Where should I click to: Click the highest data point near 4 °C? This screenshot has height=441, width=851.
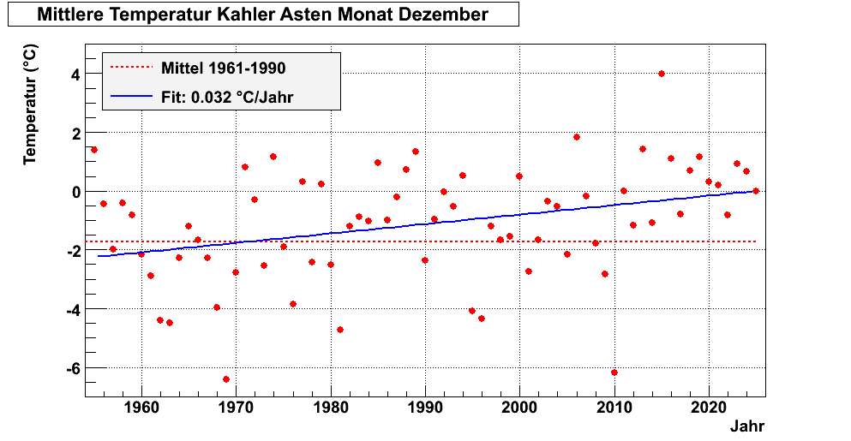tap(662, 74)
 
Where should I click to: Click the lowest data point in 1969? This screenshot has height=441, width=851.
tap(226, 379)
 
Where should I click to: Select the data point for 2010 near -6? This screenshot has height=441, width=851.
tap(614, 372)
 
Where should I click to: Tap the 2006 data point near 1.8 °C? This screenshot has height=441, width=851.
tap(577, 137)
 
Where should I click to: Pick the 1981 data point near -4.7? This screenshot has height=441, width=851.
tap(340, 330)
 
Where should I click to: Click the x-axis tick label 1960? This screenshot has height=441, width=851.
tap(141, 408)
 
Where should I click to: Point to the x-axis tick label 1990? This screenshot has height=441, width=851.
tap(425, 408)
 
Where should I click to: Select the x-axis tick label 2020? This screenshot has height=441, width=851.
tap(709, 408)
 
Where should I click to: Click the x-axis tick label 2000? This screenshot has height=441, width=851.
tap(520, 408)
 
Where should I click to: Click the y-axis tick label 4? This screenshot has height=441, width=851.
tap(76, 74)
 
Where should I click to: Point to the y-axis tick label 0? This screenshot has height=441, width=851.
tap(76, 192)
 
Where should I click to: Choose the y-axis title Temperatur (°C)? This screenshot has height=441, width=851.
tap(30, 105)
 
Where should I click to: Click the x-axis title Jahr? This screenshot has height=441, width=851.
tap(747, 426)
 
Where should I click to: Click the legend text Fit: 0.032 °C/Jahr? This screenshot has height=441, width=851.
tap(227, 97)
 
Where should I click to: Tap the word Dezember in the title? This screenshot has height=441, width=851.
tap(445, 15)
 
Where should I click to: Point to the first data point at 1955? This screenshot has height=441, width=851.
tap(94, 150)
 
